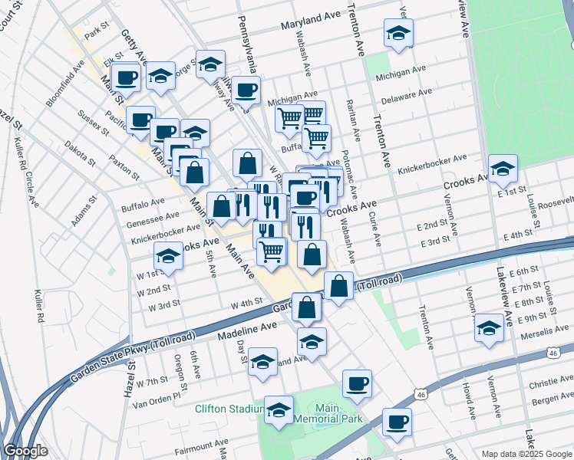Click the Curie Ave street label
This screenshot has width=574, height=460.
pos(377,229)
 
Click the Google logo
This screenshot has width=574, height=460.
pos(25,452)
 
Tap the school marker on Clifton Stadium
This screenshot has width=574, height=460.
pos(279,409)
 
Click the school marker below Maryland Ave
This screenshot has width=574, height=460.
pos(398,32)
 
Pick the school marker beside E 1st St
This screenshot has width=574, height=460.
pos(502,168)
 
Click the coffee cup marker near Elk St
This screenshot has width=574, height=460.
pos(126,76)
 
